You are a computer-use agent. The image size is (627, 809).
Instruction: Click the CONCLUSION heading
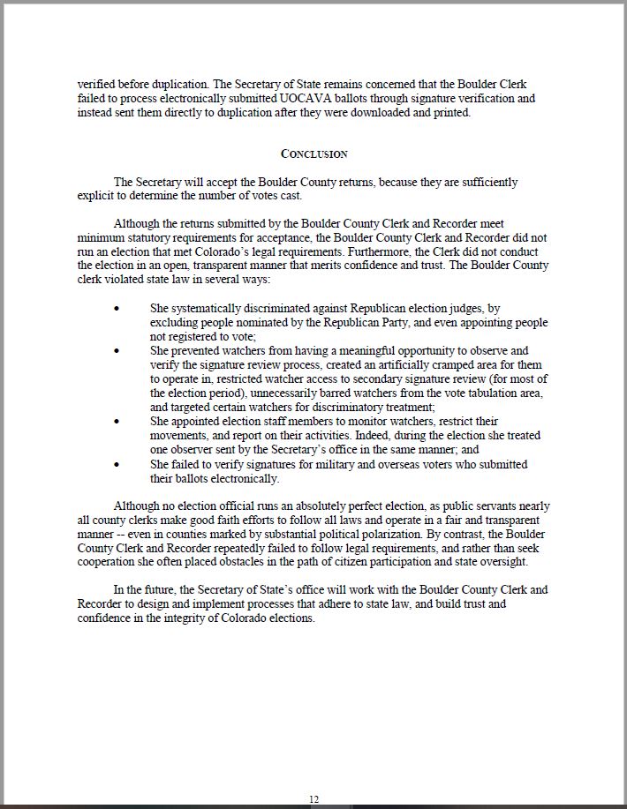(313, 154)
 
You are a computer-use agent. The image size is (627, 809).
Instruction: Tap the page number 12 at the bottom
(313, 798)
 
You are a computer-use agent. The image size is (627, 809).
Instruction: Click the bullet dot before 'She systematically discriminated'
(117, 309)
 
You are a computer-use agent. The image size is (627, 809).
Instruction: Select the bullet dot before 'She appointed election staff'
(117, 422)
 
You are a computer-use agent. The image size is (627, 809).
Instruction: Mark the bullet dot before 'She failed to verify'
(117, 464)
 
